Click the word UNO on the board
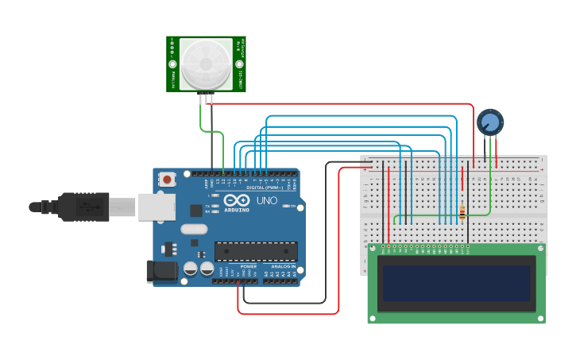(x=267, y=200)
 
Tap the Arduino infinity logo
(x=235, y=200)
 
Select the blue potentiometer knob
(x=490, y=122)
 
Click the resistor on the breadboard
(x=462, y=212)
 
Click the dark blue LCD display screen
(x=456, y=283)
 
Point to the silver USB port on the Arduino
(x=157, y=207)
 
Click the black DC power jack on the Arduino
(x=162, y=271)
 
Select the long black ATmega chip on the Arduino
(x=256, y=251)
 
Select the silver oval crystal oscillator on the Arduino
(x=193, y=230)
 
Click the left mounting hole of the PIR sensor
(x=172, y=43)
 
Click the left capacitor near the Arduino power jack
(x=191, y=269)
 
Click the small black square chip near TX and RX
(x=195, y=211)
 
